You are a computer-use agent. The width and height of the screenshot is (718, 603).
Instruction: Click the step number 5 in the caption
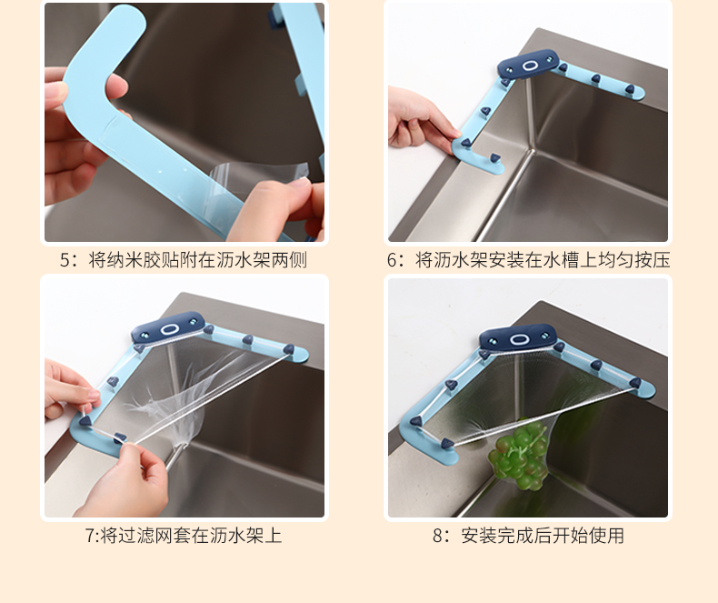coord(65,260)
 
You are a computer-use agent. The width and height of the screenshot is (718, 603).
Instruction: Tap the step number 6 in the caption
coord(394,260)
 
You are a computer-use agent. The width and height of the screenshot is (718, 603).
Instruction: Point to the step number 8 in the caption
coord(438,536)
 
